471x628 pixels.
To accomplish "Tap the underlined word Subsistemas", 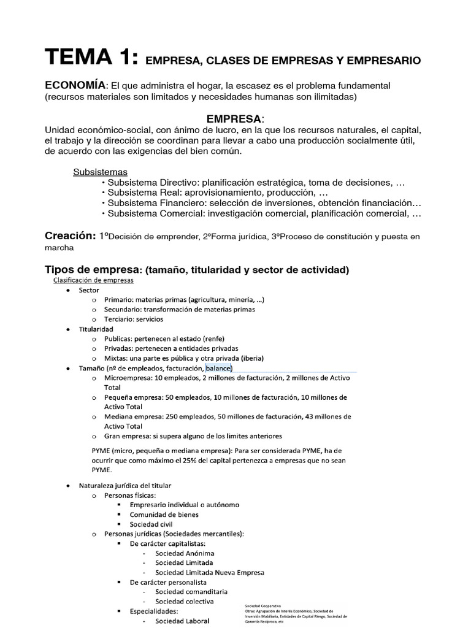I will (x=101, y=172).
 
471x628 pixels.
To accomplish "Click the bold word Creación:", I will (x=70, y=236).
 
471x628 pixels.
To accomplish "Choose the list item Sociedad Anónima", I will (x=182, y=553).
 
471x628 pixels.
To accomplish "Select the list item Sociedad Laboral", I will (x=182, y=621).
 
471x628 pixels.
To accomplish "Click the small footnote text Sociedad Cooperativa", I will (x=263, y=606).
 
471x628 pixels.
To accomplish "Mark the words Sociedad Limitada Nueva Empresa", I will (x=210, y=572).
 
